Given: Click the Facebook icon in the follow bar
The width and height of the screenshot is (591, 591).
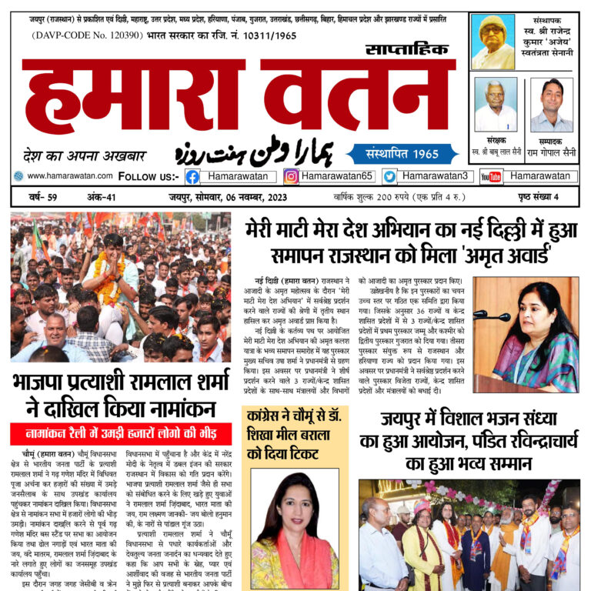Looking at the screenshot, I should click(192, 176).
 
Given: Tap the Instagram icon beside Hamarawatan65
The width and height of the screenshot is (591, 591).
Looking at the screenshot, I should click(291, 176).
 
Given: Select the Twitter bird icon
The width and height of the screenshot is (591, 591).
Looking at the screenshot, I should click(389, 176).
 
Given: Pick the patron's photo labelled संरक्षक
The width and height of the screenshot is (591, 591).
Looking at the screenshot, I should click(496, 105).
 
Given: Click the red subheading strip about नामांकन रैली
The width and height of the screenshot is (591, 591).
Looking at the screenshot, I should click(120, 433).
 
